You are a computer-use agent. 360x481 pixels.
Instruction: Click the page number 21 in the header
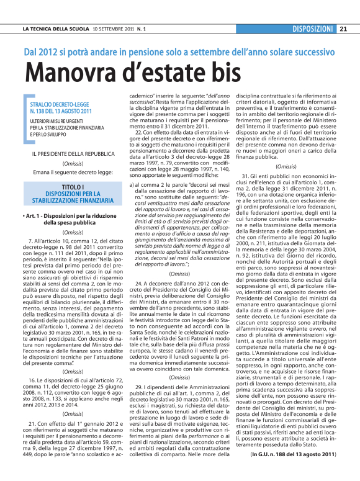pyautogui.click(x=343, y=29)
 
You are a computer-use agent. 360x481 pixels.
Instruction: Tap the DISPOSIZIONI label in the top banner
pyautogui.click(x=313, y=29)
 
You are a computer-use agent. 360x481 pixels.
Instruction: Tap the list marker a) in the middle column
pyautogui.click(x=131, y=185)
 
